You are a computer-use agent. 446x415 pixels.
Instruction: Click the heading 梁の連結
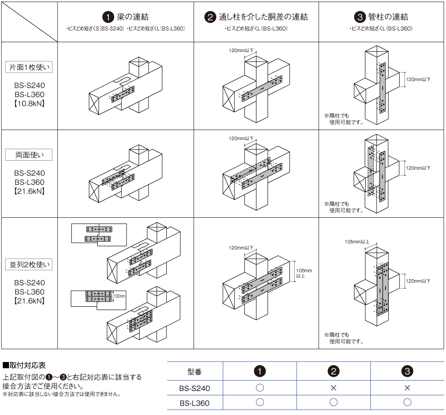(x=132, y=17)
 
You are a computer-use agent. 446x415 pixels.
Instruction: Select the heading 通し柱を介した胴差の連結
(x=263, y=17)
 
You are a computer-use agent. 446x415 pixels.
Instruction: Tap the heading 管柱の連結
(x=388, y=17)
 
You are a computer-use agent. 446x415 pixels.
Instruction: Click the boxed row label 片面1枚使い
(x=29, y=68)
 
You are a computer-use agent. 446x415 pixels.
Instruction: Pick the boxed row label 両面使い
(x=29, y=155)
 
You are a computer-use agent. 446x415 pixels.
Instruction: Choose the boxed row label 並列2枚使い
(x=29, y=264)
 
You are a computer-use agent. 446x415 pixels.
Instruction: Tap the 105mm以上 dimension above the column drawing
(x=357, y=242)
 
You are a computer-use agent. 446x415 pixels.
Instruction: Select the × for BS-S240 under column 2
(x=333, y=388)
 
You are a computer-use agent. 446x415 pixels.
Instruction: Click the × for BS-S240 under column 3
(x=407, y=388)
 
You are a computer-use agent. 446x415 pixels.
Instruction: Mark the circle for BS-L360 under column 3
(x=407, y=403)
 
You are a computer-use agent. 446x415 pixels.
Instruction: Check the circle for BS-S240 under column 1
(x=260, y=388)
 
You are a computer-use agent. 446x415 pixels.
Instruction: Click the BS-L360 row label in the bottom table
(x=195, y=403)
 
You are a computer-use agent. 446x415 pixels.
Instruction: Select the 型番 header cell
(x=195, y=372)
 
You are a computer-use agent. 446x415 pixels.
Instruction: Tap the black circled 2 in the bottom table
(x=333, y=371)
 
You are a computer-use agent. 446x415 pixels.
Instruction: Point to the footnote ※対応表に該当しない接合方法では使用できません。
(x=62, y=395)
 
